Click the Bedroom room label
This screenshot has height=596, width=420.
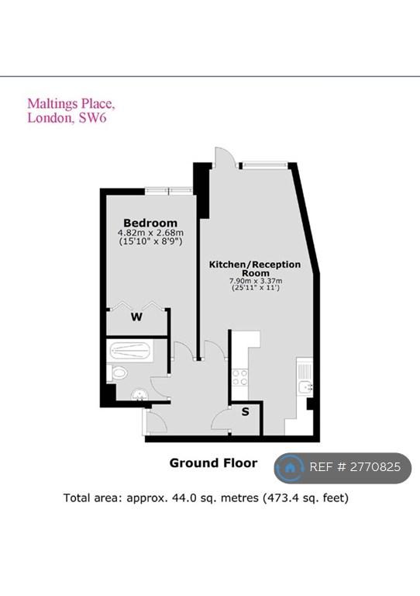point(150,223)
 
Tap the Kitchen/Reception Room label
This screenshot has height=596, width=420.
point(255,269)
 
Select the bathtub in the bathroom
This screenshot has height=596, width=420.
point(129,351)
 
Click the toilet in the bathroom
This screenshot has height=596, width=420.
point(117,372)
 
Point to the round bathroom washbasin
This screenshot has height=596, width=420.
point(139,395)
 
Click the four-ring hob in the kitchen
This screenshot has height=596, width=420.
point(239,377)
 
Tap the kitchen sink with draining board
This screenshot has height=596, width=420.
point(305,378)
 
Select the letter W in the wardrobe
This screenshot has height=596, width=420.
point(136,317)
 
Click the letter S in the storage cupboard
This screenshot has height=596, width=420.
point(246,411)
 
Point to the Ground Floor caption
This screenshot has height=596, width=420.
point(213,463)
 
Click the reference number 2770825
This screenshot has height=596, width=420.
point(375,466)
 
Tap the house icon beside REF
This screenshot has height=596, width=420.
point(290,467)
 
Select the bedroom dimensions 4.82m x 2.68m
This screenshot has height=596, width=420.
point(150,233)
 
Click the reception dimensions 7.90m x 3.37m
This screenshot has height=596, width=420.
point(256,281)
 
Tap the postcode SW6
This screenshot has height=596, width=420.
point(92,117)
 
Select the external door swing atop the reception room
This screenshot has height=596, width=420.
point(225,156)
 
